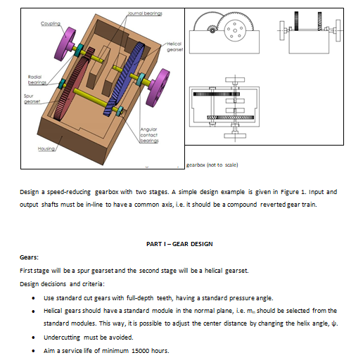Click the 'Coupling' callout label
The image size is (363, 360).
(51, 23)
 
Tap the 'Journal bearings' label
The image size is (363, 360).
(145, 13)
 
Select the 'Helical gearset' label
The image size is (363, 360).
(175, 46)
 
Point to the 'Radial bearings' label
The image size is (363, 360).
(37, 79)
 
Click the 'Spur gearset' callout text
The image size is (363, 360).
(32, 98)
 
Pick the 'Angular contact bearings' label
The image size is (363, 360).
(149, 135)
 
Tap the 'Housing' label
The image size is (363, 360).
(46, 149)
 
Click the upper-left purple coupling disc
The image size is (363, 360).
(64, 44)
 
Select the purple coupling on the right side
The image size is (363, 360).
(158, 87)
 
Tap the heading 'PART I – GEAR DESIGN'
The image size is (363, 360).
(179, 244)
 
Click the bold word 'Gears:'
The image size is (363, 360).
(29, 257)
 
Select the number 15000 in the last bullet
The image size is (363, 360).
(140, 351)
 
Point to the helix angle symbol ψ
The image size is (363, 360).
(333, 323)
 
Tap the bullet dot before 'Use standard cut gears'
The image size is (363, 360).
(33, 298)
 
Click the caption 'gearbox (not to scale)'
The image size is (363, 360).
(212, 165)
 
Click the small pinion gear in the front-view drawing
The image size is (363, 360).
(212, 30)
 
